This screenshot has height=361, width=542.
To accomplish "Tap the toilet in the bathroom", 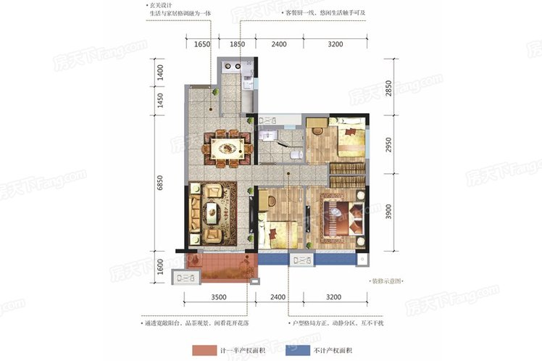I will tap(293, 154).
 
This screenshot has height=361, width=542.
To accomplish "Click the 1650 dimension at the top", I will tap(202, 44).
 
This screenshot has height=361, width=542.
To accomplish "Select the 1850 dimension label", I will tap(237, 44).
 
